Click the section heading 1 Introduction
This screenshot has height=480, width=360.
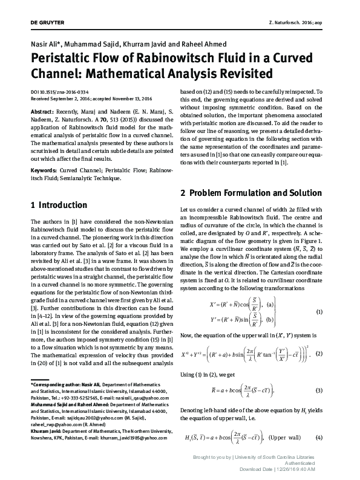tap(59, 205)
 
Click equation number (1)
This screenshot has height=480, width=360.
tap(319, 311)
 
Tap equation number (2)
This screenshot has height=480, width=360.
tap(319, 353)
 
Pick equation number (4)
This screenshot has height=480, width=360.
tap(319, 438)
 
